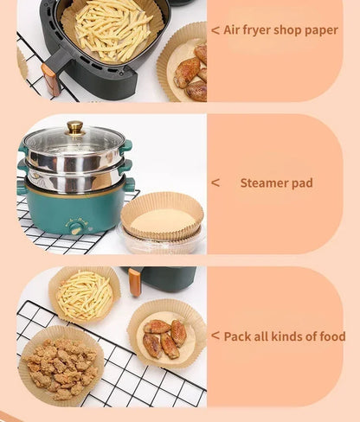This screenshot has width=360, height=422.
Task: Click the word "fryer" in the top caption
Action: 256,30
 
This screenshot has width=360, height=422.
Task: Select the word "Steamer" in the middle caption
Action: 264,183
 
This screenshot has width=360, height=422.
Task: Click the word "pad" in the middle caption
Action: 302,183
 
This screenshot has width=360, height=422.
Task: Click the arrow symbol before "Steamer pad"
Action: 215,182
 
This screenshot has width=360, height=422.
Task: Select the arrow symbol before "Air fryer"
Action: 215,30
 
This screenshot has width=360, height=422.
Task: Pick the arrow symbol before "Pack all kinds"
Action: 215,336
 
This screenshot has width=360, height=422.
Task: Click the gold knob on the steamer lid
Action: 75,128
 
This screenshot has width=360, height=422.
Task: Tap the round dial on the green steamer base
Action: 76,230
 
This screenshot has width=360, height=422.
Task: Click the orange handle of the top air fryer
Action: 50,79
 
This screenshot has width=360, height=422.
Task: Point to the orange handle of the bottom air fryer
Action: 134,282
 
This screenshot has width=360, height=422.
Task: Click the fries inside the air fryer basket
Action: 112,29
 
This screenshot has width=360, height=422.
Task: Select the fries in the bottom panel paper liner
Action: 84,296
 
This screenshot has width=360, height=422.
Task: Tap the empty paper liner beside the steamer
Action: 162,216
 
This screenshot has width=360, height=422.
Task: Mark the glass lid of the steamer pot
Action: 74,141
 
